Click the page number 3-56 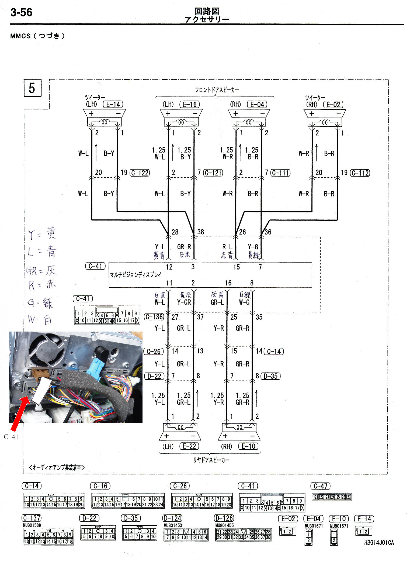(21, 12)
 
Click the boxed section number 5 (32, 88)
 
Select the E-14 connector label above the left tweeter (113, 105)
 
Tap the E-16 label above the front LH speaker (190, 105)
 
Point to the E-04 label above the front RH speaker (257, 105)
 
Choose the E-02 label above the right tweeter (333, 105)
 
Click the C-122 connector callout (140, 173)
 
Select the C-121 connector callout (213, 173)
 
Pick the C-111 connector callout (281, 173)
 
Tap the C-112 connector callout (360, 173)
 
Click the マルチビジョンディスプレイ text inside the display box (136, 275)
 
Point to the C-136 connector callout (154, 317)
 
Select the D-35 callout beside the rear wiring (270, 376)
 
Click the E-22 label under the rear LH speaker (189, 446)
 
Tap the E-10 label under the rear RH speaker (248, 446)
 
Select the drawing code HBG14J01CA (379, 543)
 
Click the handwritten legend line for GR (41, 270)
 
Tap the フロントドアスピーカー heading (217, 90)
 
